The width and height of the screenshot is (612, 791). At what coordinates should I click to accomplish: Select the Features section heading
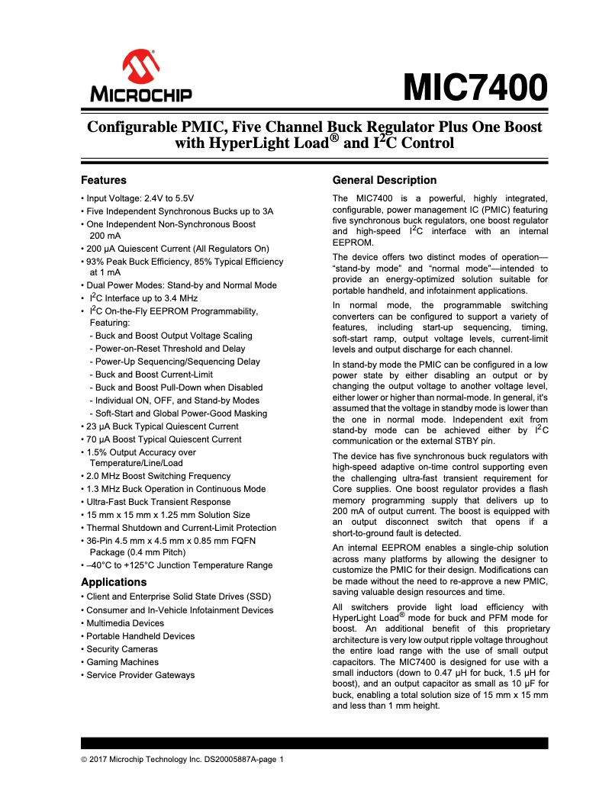pyautogui.click(x=104, y=181)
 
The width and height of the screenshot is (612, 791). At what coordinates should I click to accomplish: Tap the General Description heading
pyautogui.click(x=385, y=180)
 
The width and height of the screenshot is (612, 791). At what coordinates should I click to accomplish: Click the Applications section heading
pyautogui.click(x=114, y=582)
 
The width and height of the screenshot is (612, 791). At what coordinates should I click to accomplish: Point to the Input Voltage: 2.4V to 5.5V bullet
pyautogui.click(x=142, y=198)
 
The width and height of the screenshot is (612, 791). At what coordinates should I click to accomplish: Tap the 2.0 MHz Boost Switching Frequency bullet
pyautogui.click(x=158, y=476)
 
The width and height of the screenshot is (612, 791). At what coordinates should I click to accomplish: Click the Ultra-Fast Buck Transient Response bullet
pyautogui.click(x=158, y=502)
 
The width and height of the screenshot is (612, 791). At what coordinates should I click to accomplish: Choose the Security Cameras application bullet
pyautogui.click(x=122, y=649)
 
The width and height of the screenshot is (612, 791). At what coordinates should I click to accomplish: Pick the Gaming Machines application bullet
pyautogui.click(x=122, y=662)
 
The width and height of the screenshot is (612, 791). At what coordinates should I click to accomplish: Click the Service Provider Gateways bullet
pyautogui.click(x=140, y=675)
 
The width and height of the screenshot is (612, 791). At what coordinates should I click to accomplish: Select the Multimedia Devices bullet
pyautogui.click(x=124, y=623)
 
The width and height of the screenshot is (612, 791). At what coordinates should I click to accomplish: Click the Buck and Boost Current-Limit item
pyautogui.click(x=153, y=375)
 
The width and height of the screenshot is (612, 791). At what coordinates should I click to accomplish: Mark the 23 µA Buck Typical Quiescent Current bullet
pyautogui.click(x=162, y=426)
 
